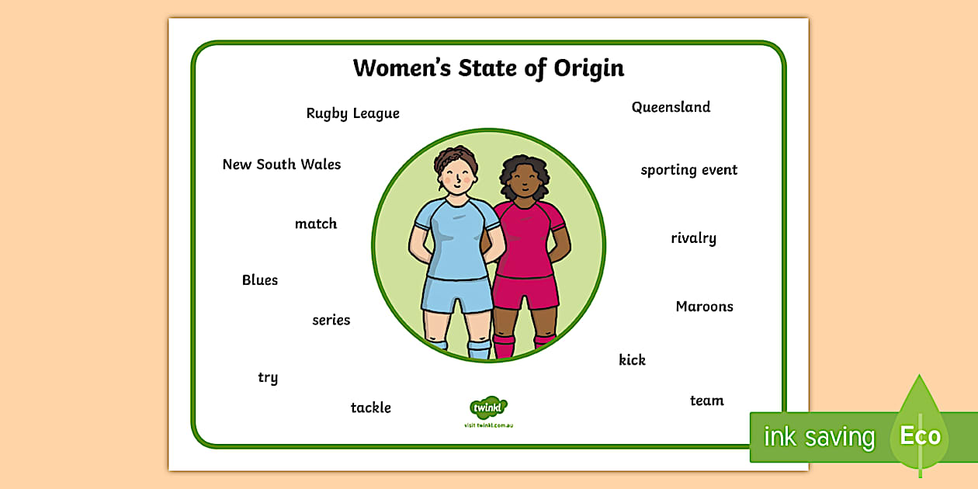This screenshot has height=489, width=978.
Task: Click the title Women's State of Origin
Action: coord(488,68)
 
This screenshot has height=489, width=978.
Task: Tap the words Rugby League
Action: coord(352,113)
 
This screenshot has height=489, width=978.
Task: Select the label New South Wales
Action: coord(281,165)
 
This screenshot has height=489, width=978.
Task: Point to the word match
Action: coord(316,224)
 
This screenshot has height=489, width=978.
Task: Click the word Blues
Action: coord(259,280)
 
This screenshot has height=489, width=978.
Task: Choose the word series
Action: coord(331,320)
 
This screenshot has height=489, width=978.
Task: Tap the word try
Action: coord(268,378)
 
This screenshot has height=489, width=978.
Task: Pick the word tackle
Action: coord(370,407)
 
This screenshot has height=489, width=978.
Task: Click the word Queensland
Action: coord(671,107)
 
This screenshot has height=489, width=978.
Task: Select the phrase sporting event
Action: coord(688,170)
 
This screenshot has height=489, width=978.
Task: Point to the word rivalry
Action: coord(693,238)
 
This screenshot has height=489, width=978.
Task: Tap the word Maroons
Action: coord(704,307)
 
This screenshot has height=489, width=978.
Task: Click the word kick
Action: coord(632,360)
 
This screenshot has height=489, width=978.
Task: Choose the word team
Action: coord(706,401)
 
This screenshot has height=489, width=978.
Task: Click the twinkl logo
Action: coord(488,407)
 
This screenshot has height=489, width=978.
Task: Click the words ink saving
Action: coord(819,437)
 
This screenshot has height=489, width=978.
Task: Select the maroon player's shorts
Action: coord(527,291)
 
